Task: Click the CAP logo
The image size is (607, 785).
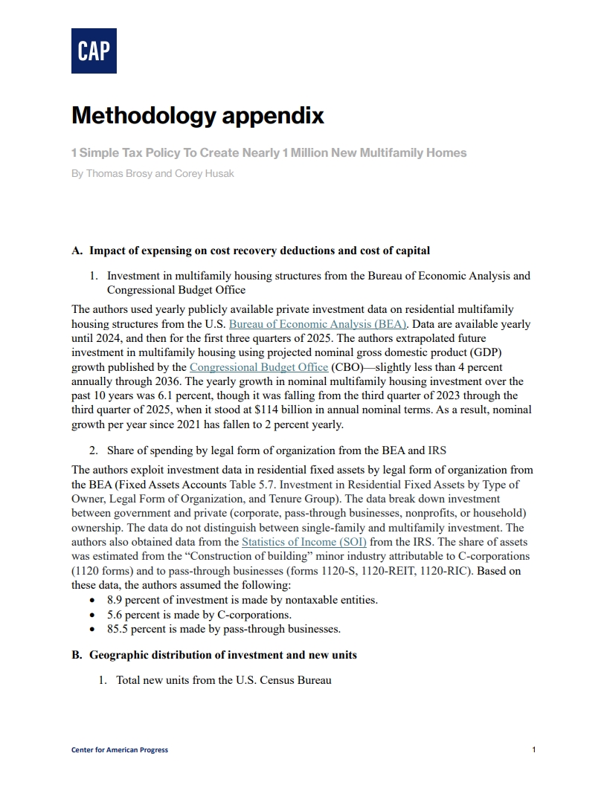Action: pos(94,51)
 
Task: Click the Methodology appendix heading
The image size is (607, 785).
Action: pos(198,116)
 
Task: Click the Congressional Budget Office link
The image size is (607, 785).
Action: pos(259,367)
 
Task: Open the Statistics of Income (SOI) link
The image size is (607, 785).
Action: pos(303,543)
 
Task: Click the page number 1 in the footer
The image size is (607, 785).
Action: pos(534,749)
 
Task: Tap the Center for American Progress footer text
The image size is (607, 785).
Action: pos(120,749)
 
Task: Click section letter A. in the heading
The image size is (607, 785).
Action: pos(77,251)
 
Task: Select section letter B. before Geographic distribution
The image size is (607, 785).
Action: pos(77,655)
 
